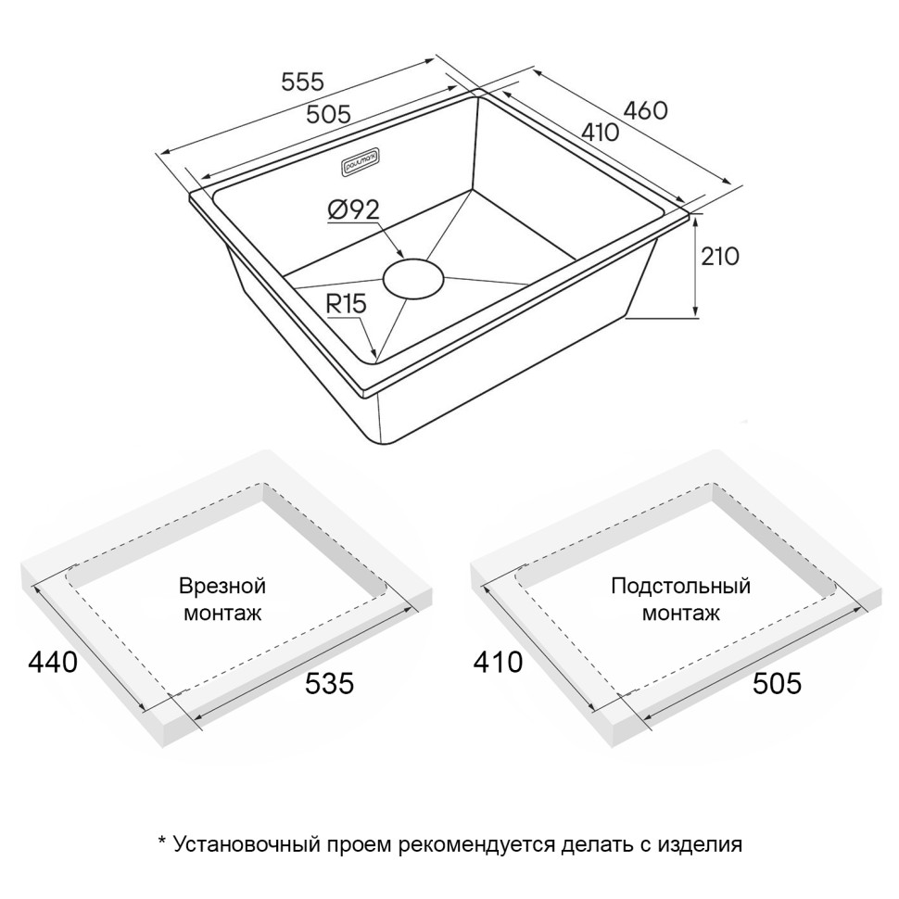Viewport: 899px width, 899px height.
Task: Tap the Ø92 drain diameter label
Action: pyautogui.click(x=354, y=211)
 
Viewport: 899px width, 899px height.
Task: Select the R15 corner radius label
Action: pyautogui.click(x=347, y=304)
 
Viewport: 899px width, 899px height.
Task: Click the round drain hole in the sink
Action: pyautogui.click(x=414, y=278)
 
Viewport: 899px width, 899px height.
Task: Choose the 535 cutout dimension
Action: pyautogui.click(x=329, y=684)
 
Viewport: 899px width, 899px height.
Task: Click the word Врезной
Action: pyautogui.click(x=223, y=587)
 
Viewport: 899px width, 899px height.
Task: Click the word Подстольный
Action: pyautogui.click(x=680, y=587)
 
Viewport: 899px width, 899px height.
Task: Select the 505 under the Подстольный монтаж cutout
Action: pyautogui.click(x=776, y=684)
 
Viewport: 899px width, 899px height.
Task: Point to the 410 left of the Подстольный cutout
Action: pyautogui.click(x=498, y=663)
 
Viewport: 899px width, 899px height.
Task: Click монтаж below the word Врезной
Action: pyautogui.click(x=223, y=614)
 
